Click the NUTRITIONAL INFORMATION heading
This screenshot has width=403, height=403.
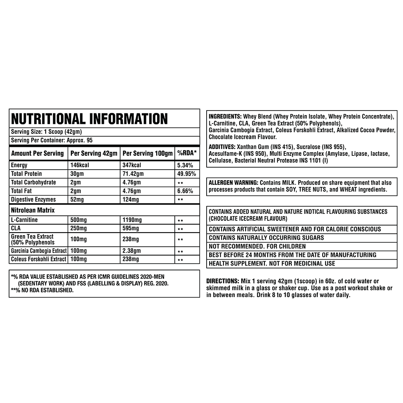click(89, 118)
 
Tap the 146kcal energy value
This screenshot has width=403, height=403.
click(80, 165)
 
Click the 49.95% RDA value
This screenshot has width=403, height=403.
click(185, 174)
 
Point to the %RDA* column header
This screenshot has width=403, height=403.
click(187, 153)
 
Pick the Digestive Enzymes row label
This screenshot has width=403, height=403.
click(33, 200)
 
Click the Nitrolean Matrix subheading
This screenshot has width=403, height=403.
click(33, 210)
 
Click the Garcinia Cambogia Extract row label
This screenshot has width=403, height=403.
click(39, 251)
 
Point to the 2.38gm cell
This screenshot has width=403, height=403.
click(131, 251)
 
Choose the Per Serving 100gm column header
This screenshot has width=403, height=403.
click(148, 153)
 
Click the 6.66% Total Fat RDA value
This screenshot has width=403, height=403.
click(185, 191)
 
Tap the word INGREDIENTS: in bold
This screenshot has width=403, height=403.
click(225, 117)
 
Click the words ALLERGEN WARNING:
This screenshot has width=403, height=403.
click(233, 183)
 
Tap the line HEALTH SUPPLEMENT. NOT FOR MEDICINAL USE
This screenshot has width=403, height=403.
click(272, 263)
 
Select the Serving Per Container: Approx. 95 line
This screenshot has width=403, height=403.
click(52, 140)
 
